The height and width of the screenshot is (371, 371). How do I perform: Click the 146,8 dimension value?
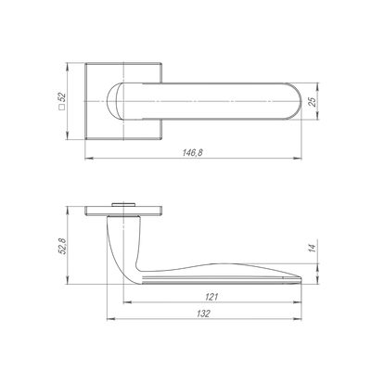point(192,152)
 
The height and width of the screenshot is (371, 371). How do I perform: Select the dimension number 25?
point(313,102)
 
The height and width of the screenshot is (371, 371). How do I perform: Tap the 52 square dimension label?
point(62,97)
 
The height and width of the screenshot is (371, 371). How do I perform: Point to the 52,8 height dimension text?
point(62,246)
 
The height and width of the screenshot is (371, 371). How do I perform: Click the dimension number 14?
point(313,249)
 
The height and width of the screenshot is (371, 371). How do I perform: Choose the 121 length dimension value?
point(211,297)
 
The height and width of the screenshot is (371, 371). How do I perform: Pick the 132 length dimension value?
point(203,313)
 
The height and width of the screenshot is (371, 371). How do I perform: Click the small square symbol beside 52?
point(61,108)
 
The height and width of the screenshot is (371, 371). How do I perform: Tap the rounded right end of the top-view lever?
point(296,101)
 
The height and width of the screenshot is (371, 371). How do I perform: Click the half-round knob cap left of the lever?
point(111,101)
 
